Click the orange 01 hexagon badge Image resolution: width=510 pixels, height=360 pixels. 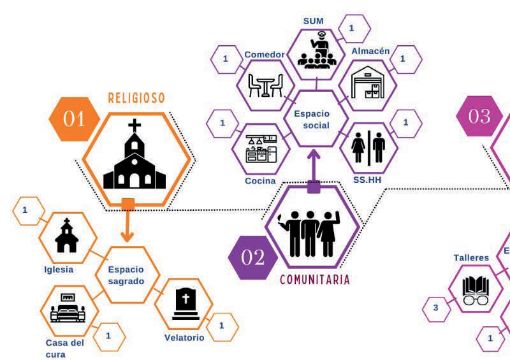pyautogui.click(x=74, y=119)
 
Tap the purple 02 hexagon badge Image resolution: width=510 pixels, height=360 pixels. pyautogui.click(x=252, y=257)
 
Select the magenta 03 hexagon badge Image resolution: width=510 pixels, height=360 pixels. pyautogui.click(x=479, y=116)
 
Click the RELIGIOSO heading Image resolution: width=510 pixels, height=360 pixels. pyautogui.click(x=136, y=97)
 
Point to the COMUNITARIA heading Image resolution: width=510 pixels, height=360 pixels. pyautogui.click(x=315, y=280)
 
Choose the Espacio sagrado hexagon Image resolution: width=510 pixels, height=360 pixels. pyautogui.click(x=126, y=275)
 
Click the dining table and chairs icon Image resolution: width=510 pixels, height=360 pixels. pyautogui.click(x=265, y=85)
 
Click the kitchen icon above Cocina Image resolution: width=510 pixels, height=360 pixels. pyautogui.click(x=261, y=148)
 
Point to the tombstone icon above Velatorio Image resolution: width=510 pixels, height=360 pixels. pyautogui.click(x=185, y=305)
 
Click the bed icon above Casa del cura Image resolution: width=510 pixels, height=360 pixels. pyautogui.click(x=68, y=309)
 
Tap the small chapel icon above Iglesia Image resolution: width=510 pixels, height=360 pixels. pyautogui.click(x=66, y=237)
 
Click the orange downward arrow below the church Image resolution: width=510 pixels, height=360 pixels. pyautogui.click(x=127, y=223)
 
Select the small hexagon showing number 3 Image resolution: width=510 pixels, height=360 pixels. pyautogui.click(x=436, y=308)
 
